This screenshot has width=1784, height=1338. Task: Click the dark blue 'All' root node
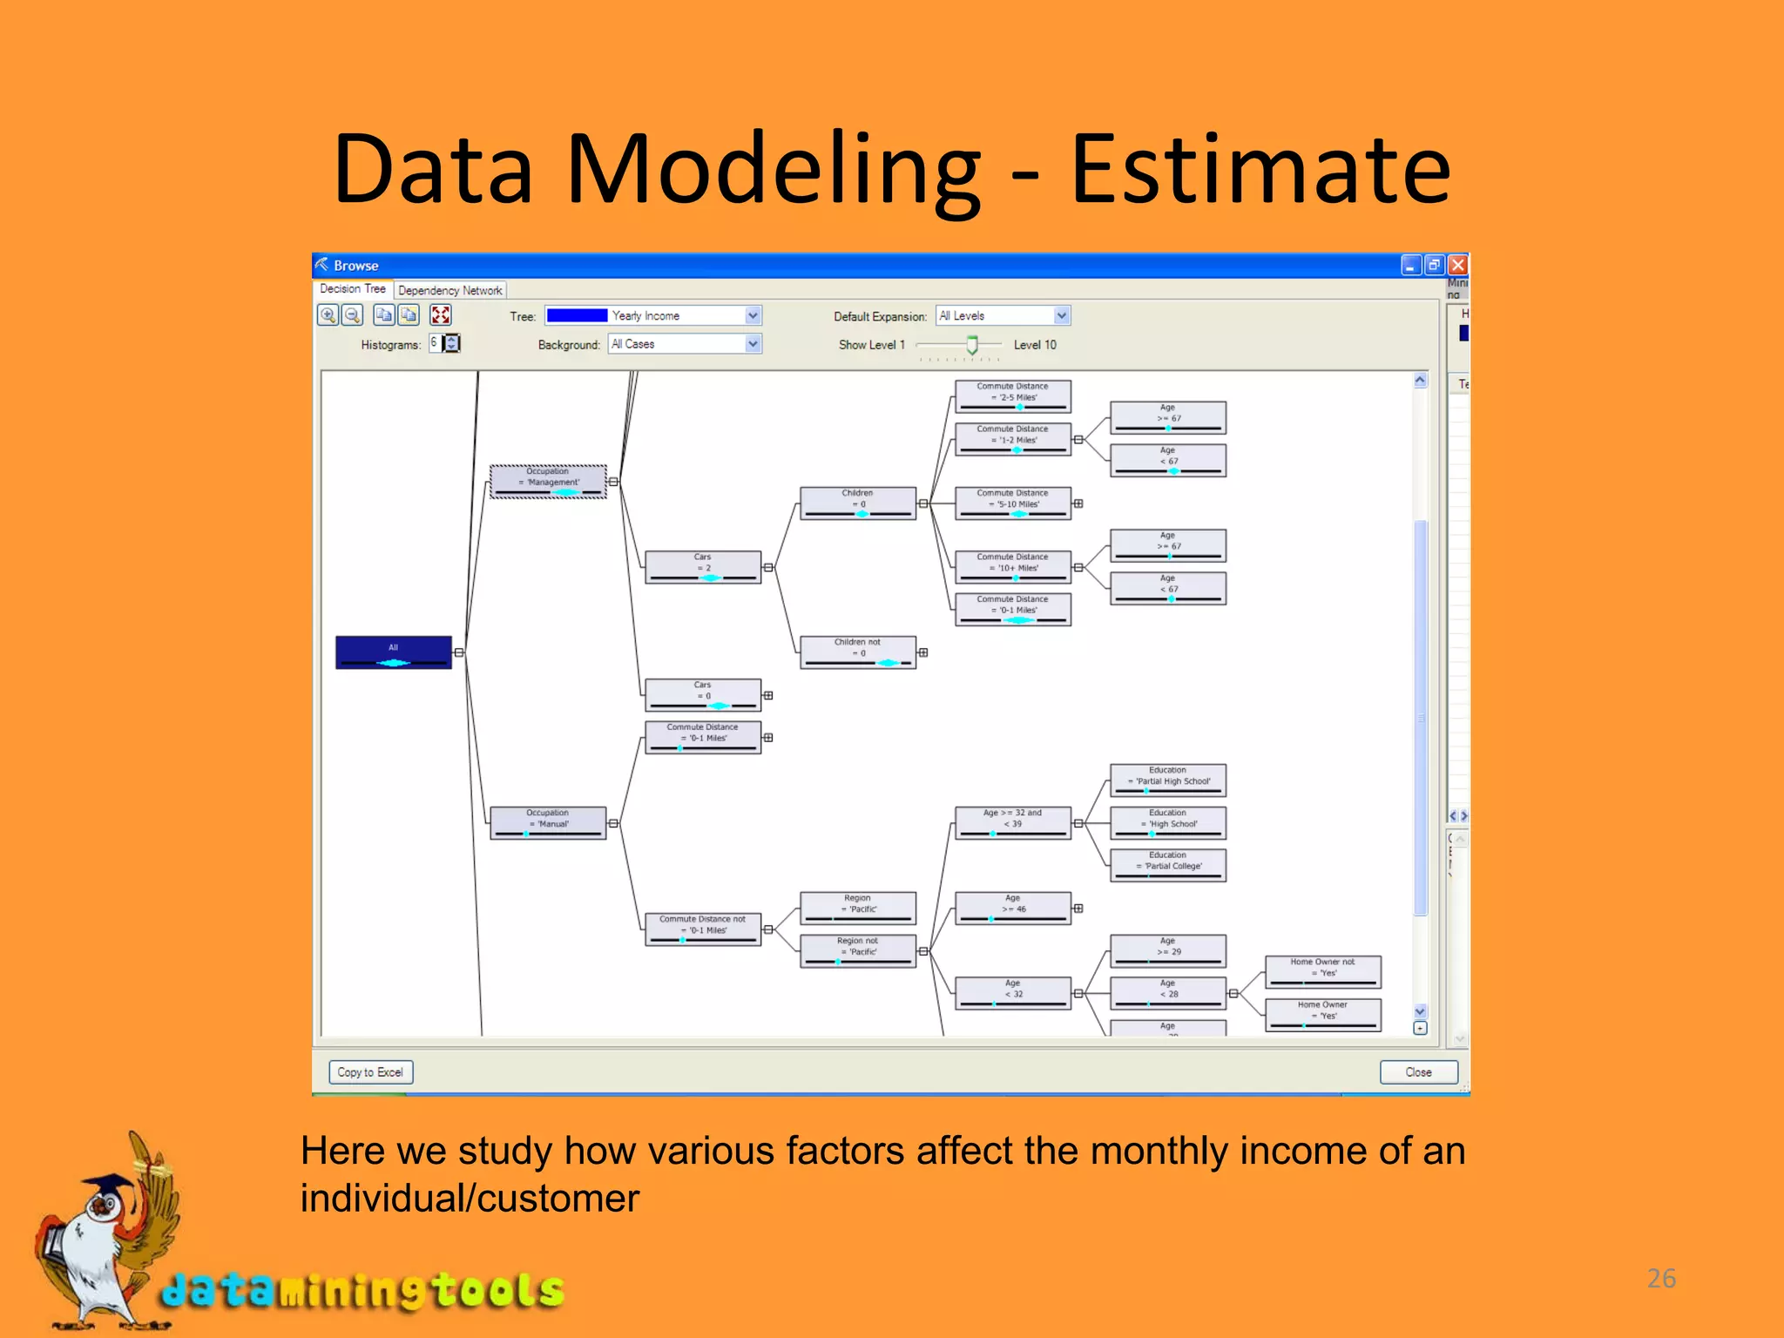point(393,652)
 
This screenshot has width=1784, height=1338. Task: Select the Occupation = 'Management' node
point(548,481)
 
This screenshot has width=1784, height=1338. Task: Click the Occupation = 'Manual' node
point(548,822)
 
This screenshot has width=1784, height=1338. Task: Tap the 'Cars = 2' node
point(702,566)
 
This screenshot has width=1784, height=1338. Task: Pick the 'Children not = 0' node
point(857,652)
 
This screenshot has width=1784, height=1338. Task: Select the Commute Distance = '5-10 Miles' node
point(1012,503)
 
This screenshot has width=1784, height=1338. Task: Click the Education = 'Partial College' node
point(1167,865)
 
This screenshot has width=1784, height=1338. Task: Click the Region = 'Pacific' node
point(857,908)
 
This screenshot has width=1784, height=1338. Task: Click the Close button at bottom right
point(1417,1072)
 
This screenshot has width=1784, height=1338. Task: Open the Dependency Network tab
point(449,290)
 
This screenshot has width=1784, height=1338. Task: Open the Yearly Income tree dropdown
point(753,315)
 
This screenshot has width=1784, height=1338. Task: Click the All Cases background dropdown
point(753,344)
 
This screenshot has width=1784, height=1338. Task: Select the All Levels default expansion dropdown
point(1061,315)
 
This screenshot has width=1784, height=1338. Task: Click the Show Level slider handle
point(972,345)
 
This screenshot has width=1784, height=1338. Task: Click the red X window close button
point(1457,265)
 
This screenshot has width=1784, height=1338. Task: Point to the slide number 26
point(1660,1278)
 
